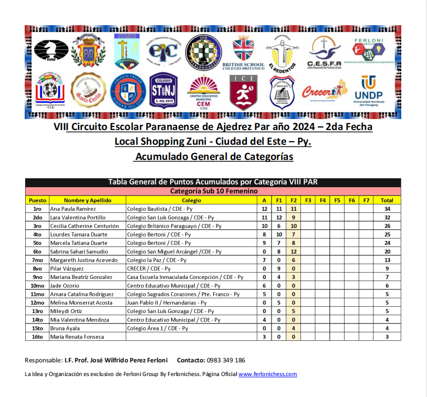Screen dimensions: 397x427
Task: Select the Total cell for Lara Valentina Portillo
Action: pyautogui.click(x=387, y=217)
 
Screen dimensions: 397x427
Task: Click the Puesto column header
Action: pyautogui.click(x=37, y=200)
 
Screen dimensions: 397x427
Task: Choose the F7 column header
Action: pyautogui.click(x=366, y=200)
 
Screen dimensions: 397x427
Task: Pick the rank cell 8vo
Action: pyautogui.click(x=37, y=269)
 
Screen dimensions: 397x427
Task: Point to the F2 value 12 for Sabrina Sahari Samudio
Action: pyautogui.click(x=294, y=251)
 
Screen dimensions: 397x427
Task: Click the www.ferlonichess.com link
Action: pyautogui.click(x=268, y=374)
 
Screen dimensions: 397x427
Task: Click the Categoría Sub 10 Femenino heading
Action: pyautogui.click(x=213, y=191)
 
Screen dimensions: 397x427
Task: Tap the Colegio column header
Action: pyautogui.click(x=191, y=200)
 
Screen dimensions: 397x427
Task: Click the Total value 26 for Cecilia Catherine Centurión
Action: pyautogui.click(x=387, y=226)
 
